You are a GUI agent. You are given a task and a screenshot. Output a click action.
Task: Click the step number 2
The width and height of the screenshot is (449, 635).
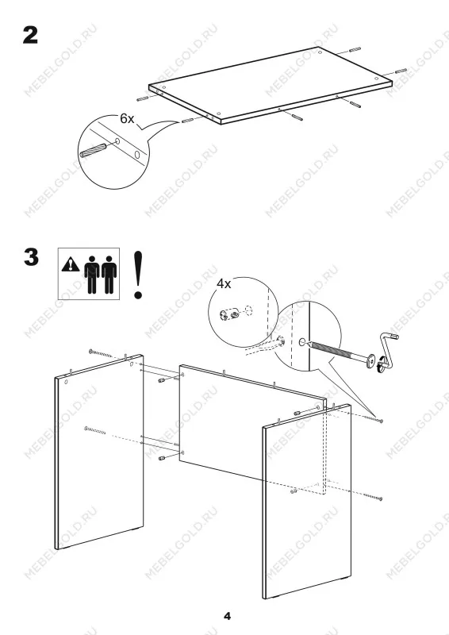click(30, 36)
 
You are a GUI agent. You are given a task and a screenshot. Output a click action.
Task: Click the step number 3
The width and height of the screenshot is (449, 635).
click(31, 257)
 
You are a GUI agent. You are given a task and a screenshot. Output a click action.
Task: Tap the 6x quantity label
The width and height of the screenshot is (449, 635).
click(127, 118)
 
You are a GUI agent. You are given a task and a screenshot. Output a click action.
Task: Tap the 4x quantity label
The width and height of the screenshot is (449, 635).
click(224, 284)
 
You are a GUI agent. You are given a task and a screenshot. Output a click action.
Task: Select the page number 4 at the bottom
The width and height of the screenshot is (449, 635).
click(227, 617)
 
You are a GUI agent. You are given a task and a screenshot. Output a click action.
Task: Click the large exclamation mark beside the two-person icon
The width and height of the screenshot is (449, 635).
click(138, 275)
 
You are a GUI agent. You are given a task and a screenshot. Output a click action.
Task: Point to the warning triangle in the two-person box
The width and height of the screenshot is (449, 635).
click(71, 264)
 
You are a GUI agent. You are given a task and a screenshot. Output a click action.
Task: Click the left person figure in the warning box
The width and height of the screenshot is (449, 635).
click(92, 275)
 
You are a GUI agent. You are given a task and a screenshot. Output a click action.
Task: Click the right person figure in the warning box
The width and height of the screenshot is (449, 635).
click(109, 275)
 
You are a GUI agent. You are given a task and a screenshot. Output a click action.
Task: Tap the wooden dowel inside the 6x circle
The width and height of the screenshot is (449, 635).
click(93, 151)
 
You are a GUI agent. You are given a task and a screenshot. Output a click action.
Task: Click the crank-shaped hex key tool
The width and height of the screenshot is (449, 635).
click(387, 349)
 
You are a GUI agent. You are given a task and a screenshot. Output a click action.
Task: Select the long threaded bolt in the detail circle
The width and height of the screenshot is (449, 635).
click(340, 352)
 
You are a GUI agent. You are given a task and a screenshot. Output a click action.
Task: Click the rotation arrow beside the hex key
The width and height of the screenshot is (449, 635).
click(380, 363)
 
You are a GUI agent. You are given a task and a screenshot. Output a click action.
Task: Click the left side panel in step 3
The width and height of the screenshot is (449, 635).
click(99, 452)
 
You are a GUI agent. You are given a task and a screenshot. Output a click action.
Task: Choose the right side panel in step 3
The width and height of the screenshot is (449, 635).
click(306, 502)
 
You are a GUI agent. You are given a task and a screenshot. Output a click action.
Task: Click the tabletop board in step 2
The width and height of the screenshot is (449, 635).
click(270, 85)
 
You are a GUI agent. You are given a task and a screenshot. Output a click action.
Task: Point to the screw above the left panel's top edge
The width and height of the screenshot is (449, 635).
click(101, 353)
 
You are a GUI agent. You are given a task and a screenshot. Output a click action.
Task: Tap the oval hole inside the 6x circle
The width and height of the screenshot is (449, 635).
click(137, 155)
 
